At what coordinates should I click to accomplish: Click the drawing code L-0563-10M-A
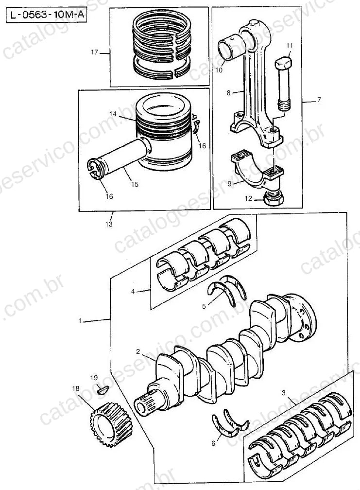[47, 15]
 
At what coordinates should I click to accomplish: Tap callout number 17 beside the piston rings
[95, 52]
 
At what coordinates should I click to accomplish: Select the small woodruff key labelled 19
[102, 390]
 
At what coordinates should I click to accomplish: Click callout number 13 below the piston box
[109, 224]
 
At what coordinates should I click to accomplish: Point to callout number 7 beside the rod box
[319, 100]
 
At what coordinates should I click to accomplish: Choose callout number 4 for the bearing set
[133, 291]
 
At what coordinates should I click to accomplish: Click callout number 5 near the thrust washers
[204, 306]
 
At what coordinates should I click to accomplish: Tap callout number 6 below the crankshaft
[214, 443]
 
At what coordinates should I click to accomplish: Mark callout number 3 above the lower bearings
[284, 393]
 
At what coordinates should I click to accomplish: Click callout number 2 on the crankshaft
[138, 351]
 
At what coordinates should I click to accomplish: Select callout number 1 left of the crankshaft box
[80, 320]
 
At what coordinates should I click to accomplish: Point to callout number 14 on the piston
[113, 114]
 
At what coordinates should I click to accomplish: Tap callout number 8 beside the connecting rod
[228, 93]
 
